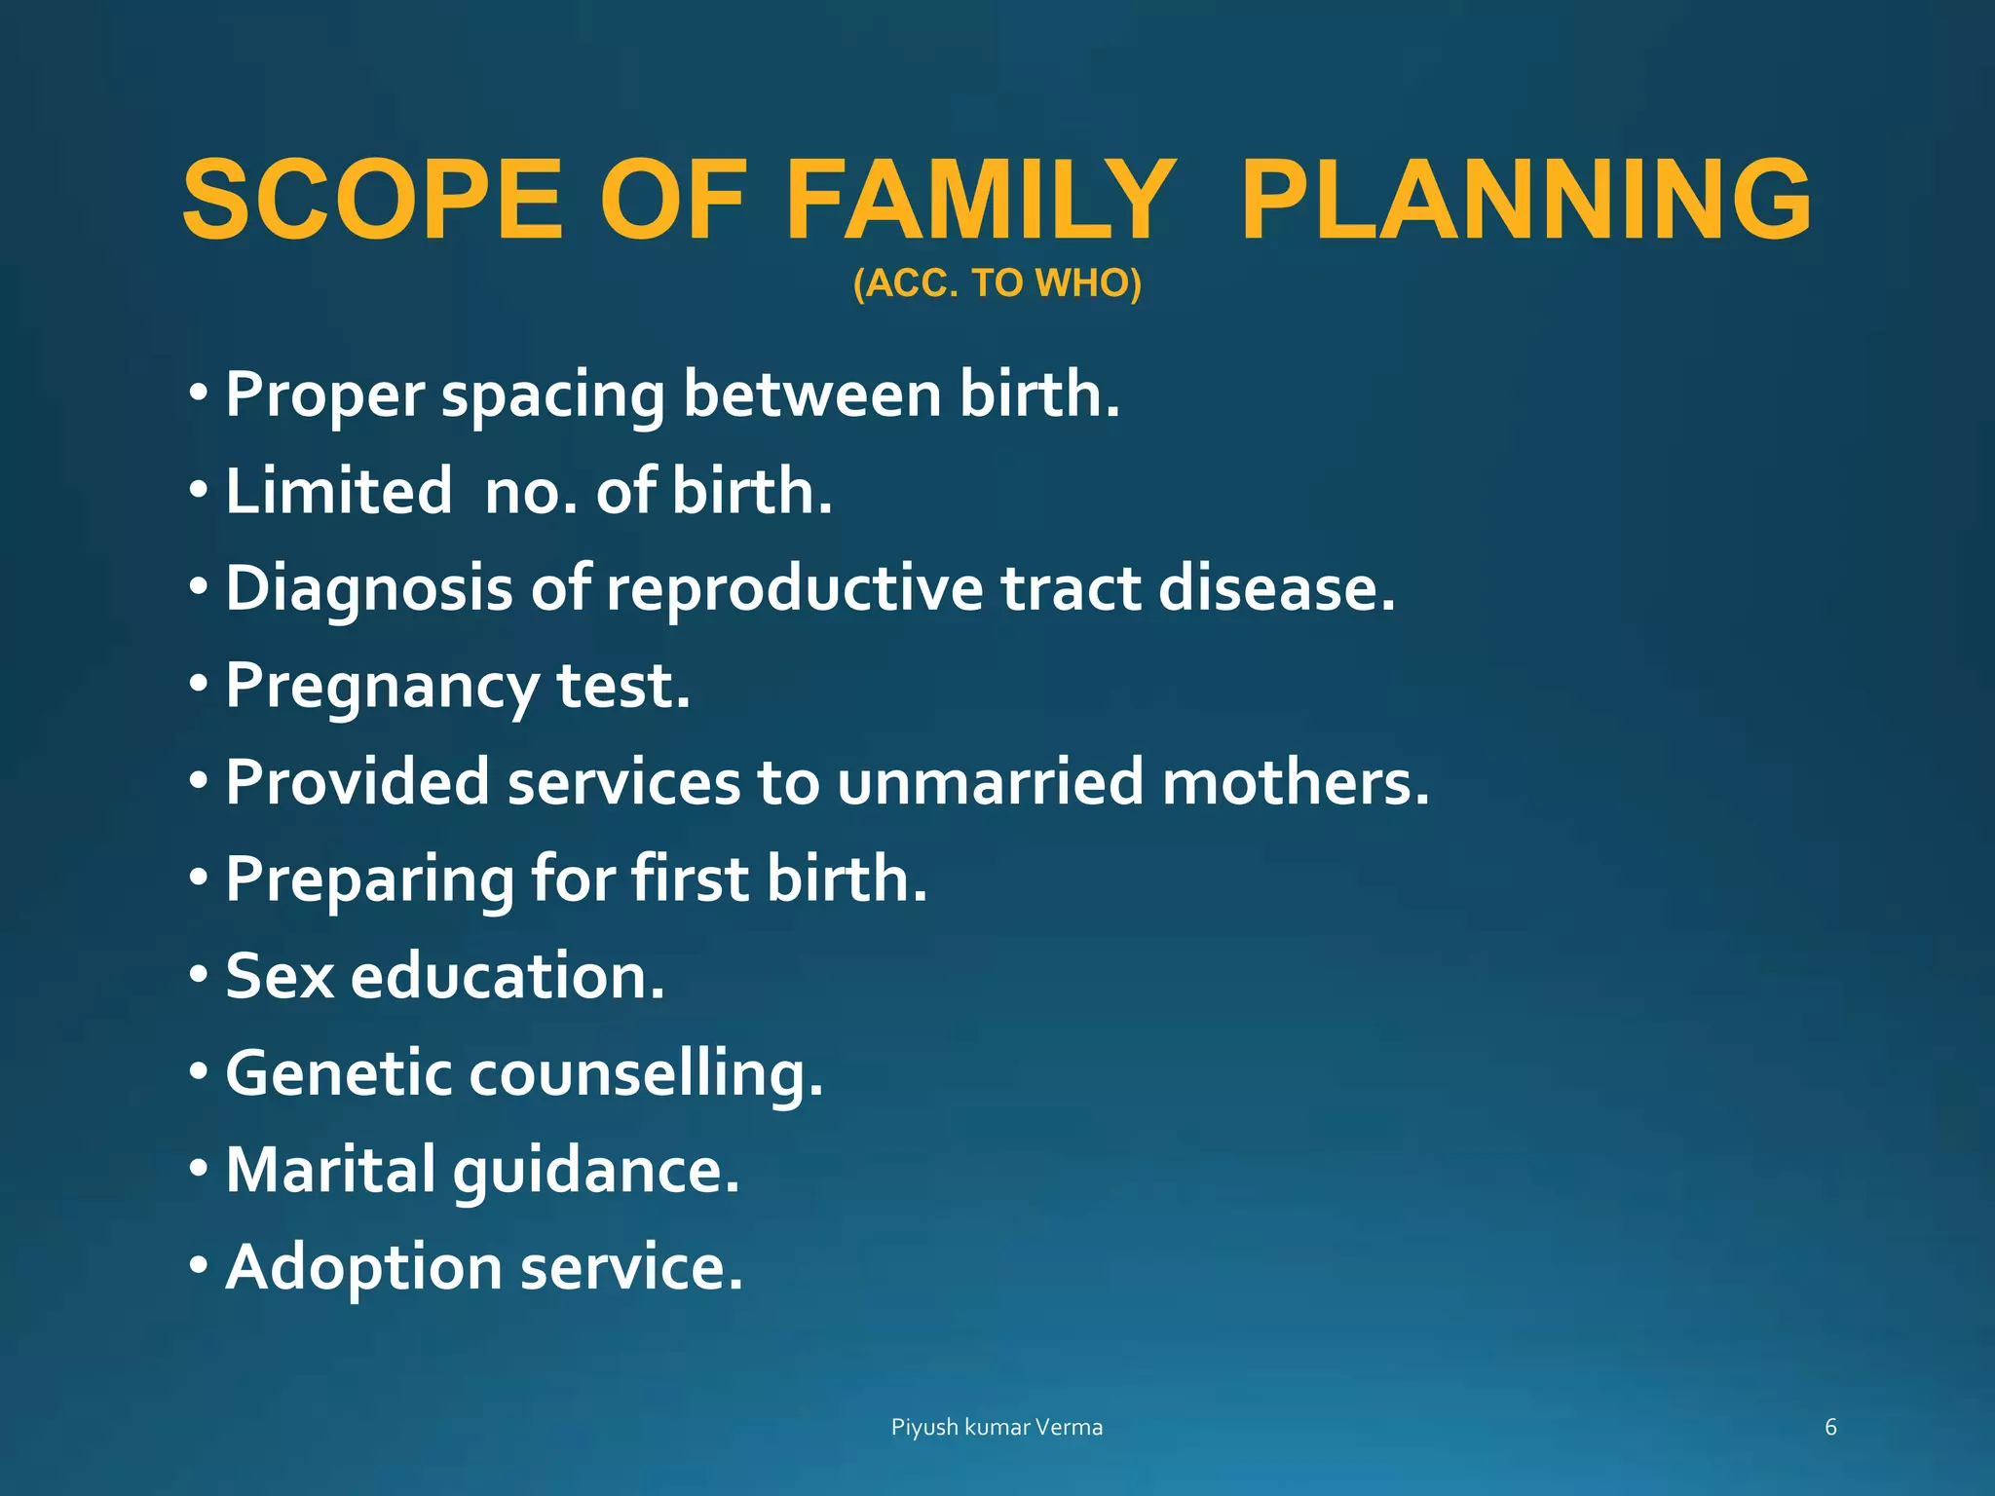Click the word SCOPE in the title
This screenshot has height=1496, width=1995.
pyautogui.click(x=372, y=200)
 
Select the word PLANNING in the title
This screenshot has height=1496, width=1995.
pyautogui.click(x=1525, y=200)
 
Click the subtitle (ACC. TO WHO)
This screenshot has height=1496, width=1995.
pyautogui.click(x=997, y=283)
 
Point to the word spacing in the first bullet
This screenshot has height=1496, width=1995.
pyautogui.click(x=552, y=397)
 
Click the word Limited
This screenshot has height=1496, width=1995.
pyautogui.click(x=339, y=491)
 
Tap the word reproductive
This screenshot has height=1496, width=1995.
pyautogui.click(x=795, y=590)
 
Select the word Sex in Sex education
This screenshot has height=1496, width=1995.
pyautogui.click(x=280, y=976)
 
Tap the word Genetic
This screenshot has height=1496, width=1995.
pyautogui.click(x=339, y=1073)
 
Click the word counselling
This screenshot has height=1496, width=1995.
pyautogui.click(x=646, y=1075)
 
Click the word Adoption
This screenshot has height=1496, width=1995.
pyautogui.click(x=363, y=1269)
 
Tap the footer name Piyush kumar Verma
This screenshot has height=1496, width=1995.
pyautogui.click(x=997, y=1428)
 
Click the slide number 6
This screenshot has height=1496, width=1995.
pyautogui.click(x=1830, y=1428)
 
